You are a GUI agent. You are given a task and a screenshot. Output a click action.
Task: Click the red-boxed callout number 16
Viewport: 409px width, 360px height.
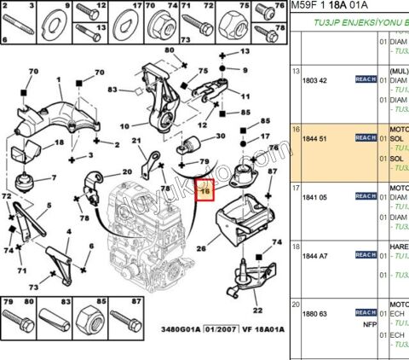point(205,193)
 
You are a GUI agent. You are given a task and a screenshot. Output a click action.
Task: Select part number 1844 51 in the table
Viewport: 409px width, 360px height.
point(316,136)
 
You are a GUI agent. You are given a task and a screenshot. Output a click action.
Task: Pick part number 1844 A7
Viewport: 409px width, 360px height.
point(316,254)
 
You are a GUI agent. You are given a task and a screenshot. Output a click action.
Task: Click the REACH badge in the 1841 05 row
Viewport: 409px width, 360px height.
point(366,195)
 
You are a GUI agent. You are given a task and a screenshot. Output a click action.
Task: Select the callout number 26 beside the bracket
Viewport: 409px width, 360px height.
point(201,250)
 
